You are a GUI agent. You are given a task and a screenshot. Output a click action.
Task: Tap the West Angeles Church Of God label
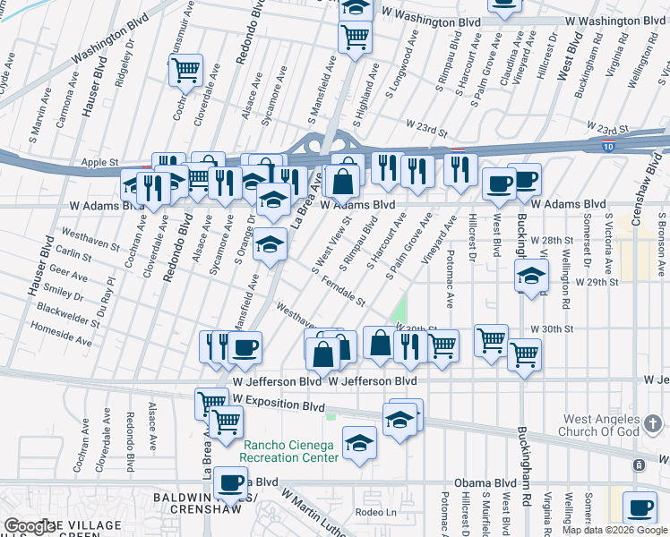pos(615,426)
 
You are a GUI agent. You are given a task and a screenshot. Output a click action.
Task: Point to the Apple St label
pos(99,163)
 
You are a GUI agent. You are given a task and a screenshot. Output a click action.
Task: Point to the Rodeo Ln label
pos(375,513)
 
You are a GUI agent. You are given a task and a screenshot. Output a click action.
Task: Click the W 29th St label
pos(596,281)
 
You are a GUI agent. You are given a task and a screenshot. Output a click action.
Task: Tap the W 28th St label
pos(550,241)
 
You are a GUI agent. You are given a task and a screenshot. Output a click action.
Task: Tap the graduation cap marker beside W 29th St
pos(531,276)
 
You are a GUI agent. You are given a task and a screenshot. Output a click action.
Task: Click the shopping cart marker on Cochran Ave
pos(185,70)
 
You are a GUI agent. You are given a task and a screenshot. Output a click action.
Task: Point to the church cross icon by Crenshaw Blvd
pos(638,465)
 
